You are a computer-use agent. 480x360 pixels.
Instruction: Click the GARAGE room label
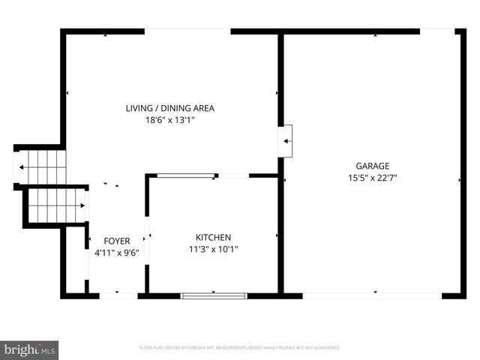[x=372, y=166]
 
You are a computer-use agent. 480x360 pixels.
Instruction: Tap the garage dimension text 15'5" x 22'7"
[x=372, y=178]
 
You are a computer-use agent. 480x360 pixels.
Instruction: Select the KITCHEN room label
[x=213, y=237]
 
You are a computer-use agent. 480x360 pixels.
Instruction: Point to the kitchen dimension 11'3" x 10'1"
[x=213, y=249]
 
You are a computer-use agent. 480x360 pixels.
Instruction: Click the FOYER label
[x=116, y=241]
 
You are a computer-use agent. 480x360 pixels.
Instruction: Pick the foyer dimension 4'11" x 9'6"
[x=116, y=253]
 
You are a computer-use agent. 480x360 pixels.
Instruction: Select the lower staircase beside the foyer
[x=57, y=205]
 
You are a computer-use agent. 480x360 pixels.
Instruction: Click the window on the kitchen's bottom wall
[x=214, y=295]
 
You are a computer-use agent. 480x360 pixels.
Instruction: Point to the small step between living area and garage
[x=286, y=139]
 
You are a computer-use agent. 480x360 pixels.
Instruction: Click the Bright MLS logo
[x=30, y=349]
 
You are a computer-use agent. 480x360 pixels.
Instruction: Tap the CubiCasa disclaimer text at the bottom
[x=240, y=348]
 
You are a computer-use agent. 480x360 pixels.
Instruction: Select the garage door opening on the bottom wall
[x=372, y=295]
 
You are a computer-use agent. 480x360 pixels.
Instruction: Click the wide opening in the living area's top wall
[x=187, y=31]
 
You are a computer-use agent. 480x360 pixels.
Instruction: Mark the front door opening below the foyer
[x=118, y=295]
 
